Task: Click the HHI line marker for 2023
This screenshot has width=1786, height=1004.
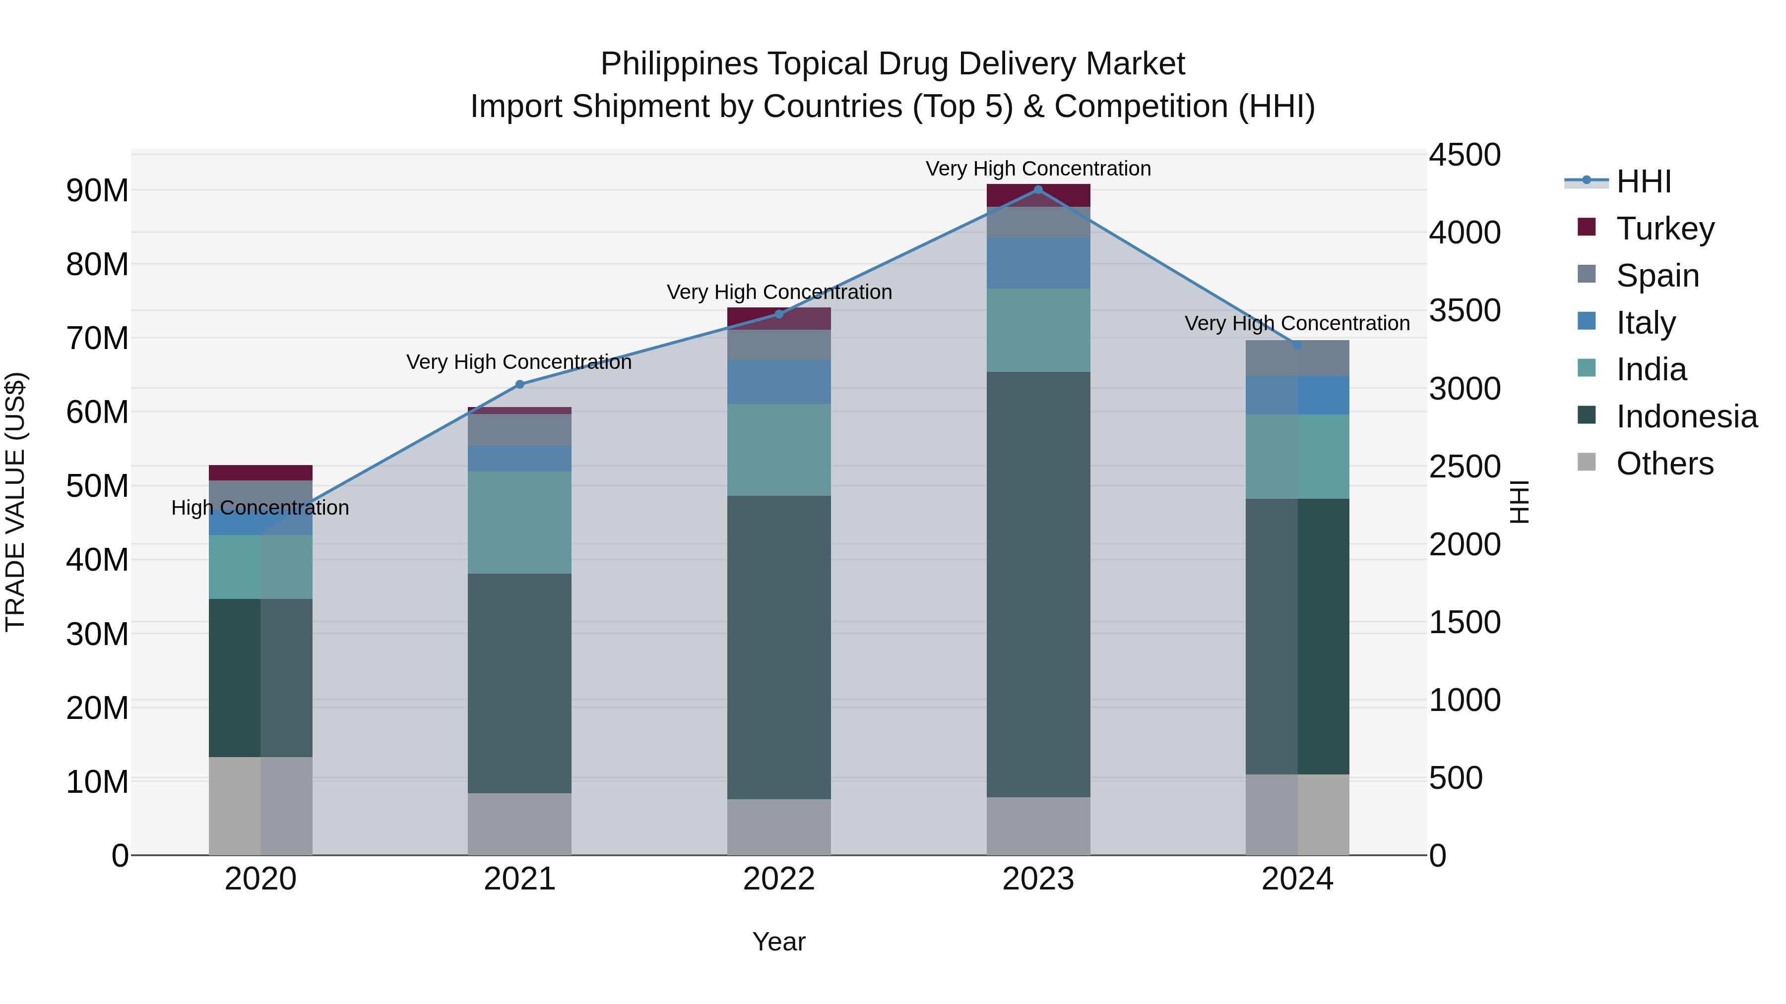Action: click(x=1038, y=189)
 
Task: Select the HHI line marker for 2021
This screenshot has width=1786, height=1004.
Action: click(x=519, y=385)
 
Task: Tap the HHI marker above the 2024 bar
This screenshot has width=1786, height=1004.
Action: click(x=1297, y=345)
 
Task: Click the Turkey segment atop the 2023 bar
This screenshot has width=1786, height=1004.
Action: click(x=1038, y=196)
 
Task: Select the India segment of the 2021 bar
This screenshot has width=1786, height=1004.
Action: click(x=519, y=523)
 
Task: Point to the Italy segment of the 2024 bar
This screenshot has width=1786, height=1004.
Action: click(x=1297, y=395)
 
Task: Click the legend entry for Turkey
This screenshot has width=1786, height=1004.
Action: click(x=1664, y=229)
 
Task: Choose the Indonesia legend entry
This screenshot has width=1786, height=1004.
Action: click(x=1685, y=416)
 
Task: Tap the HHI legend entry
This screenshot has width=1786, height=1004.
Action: click(x=1643, y=181)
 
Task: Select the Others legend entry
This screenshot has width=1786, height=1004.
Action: click(x=1664, y=464)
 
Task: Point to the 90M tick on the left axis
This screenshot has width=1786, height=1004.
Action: click(x=97, y=190)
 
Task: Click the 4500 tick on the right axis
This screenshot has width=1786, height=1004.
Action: click(x=1465, y=155)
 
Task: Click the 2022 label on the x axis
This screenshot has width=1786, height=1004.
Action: click(x=778, y=879)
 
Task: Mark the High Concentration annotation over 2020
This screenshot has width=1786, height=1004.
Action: click(x=260, y=508)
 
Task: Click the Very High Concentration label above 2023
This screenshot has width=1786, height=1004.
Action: click(x=1038, y=169)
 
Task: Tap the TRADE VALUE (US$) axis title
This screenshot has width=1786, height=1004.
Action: click(x=15, y=502)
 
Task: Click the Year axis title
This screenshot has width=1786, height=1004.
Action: click(x=778, y=942)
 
